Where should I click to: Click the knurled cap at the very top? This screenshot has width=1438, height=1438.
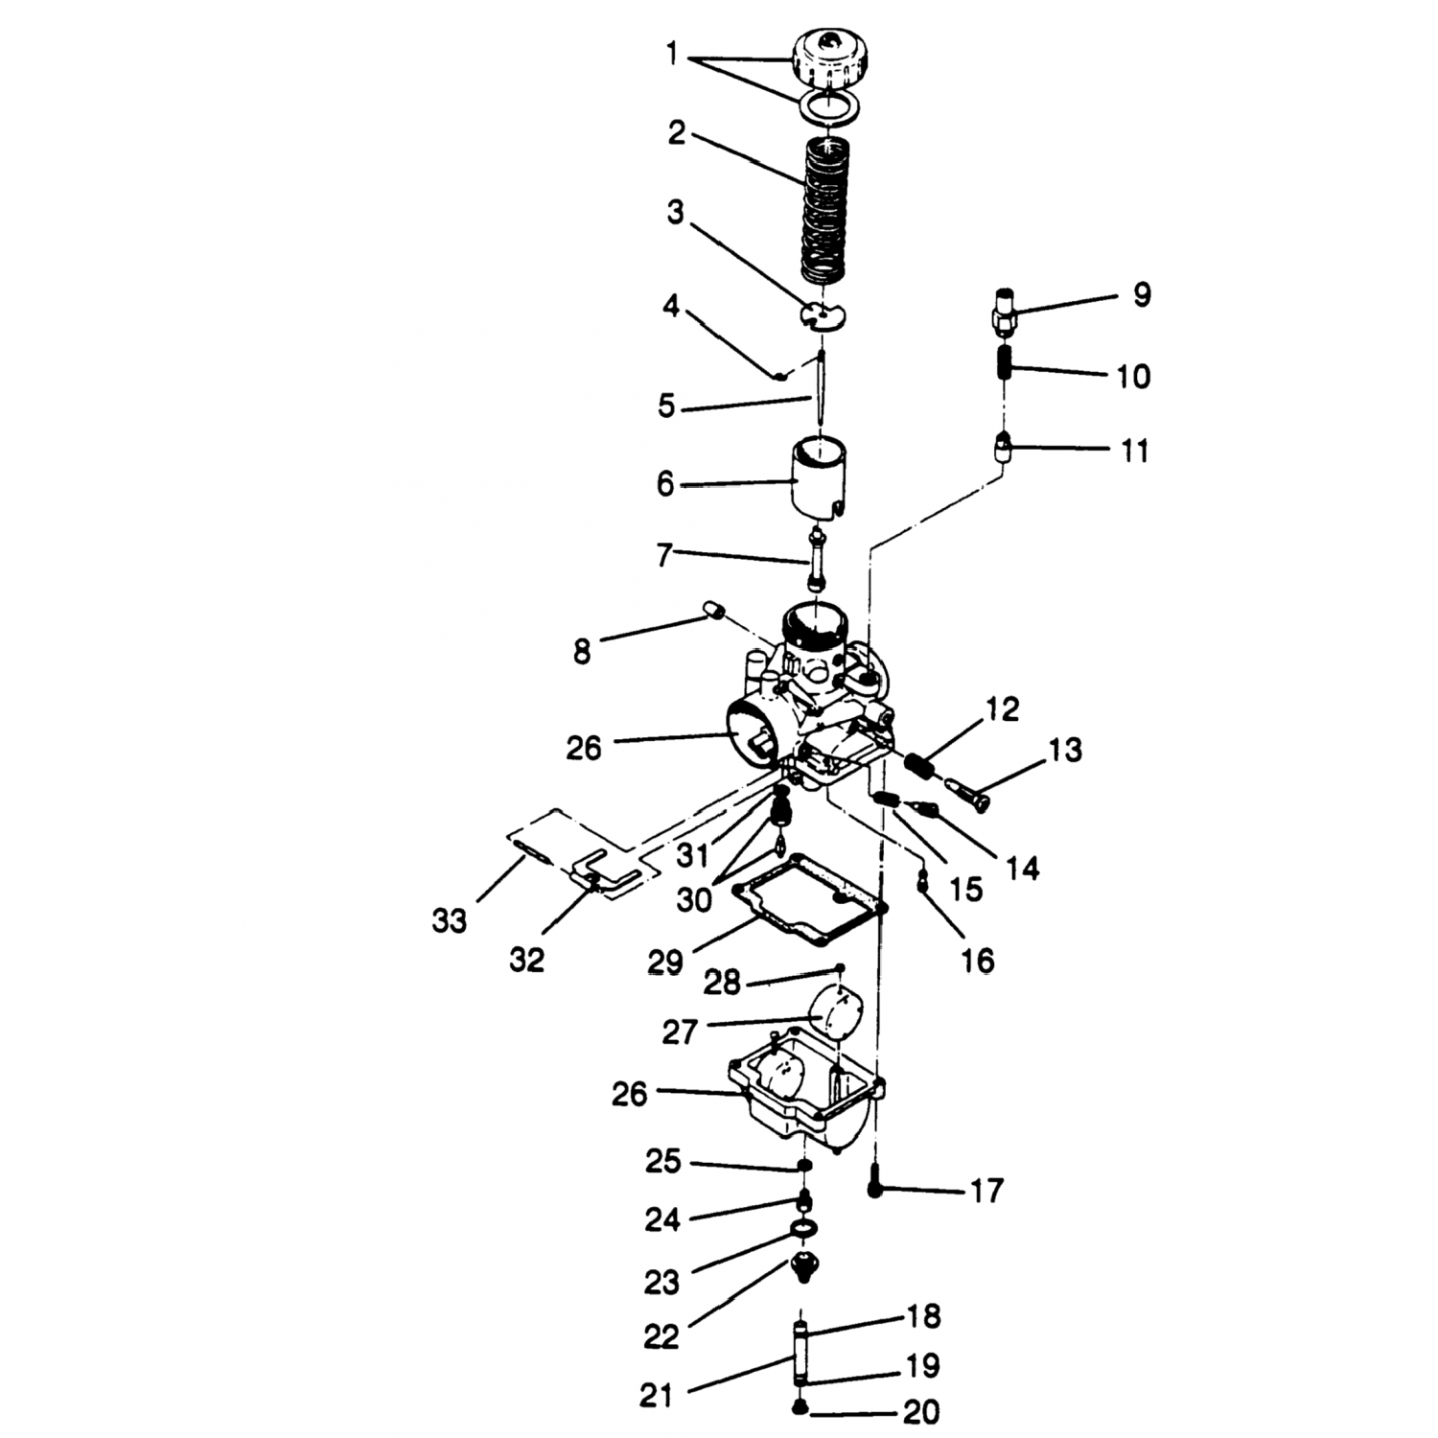[x=831, y=58]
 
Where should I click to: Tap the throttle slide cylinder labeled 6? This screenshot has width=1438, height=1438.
[x=819, y=476]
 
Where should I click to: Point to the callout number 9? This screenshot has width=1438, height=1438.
[x=1141, y=294]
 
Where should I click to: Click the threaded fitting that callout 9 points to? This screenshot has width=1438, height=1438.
[x=1001, y=311]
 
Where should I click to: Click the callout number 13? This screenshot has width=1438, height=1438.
[x=1065, y=750]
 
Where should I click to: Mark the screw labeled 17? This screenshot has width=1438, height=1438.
[x=874, y=1183]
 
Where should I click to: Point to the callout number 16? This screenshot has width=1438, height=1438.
[x=978, y=960]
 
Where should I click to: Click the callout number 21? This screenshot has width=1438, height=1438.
[x=658, y=1397]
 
